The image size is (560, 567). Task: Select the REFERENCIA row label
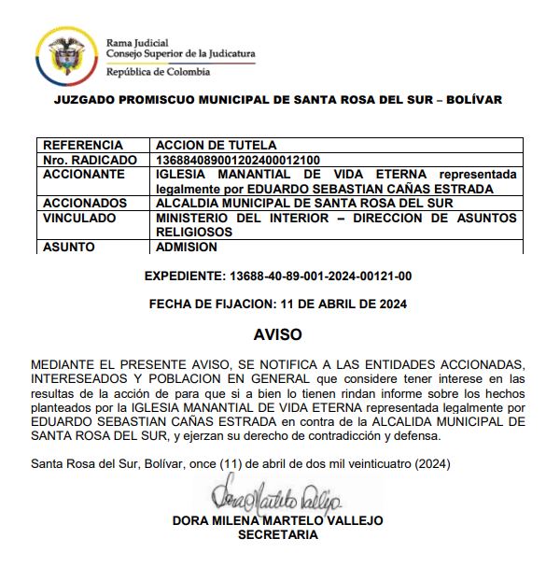tap(83, 146)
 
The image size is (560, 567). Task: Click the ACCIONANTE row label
tap(84, 174)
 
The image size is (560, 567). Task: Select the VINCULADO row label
tap(82, 218)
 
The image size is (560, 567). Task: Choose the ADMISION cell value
tap(187, 248)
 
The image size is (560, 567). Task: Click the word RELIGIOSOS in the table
tap(194, 232)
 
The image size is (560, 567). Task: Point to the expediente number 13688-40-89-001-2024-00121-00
tap(320, 276)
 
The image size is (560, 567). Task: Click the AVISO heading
tap(278, 333)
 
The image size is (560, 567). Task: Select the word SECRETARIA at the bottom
tap(278, 535)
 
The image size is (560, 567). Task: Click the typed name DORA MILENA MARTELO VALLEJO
tap(278, 521)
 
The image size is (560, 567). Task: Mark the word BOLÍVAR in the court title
tap(470, 100)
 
